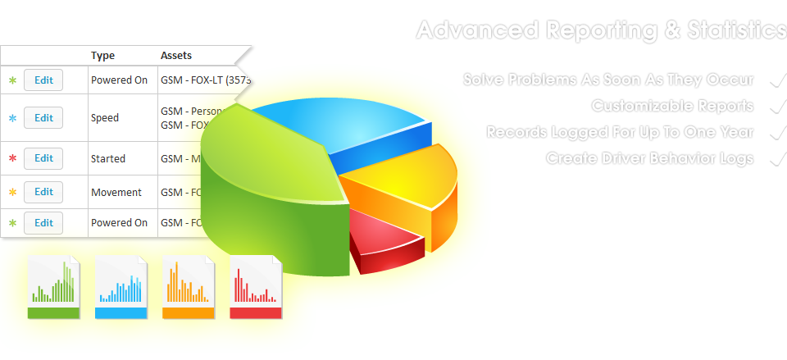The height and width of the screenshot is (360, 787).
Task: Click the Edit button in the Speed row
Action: point(43,117)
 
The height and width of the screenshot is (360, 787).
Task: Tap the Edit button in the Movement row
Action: point(43,192)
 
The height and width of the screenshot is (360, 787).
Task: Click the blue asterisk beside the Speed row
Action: point(12,118)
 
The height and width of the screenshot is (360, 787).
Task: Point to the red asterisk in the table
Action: point(12,158)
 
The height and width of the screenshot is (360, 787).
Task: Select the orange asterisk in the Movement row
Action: point(12,193)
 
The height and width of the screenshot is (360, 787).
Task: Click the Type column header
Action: point(102,56)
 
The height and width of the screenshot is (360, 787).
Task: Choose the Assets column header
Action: point(175,56)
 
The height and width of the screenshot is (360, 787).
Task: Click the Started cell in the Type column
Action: point(108,158)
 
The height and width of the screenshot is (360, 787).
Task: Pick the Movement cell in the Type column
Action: point(116,192)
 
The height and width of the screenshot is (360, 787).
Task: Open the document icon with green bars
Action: point(54,286)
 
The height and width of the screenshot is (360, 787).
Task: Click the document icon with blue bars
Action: point(121,286)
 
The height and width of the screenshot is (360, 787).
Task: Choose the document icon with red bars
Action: point(256,286)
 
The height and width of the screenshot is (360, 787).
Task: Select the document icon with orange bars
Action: point(189,286)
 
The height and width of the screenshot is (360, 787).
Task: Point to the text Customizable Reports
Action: point(671,106)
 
